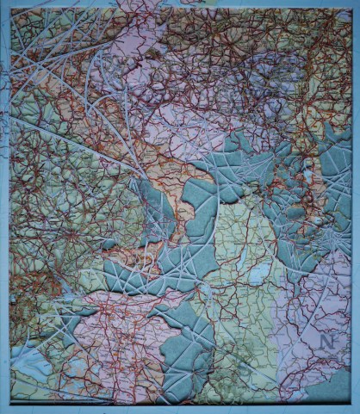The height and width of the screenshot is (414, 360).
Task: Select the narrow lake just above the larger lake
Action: click(250, 243)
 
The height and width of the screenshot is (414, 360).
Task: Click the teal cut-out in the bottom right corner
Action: click(331, 387)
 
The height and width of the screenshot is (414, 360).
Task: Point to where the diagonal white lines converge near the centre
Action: click(138, 168)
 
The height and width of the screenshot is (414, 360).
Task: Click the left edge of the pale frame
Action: click(4, 215)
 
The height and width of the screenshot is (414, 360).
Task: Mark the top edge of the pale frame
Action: click(181, 3)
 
